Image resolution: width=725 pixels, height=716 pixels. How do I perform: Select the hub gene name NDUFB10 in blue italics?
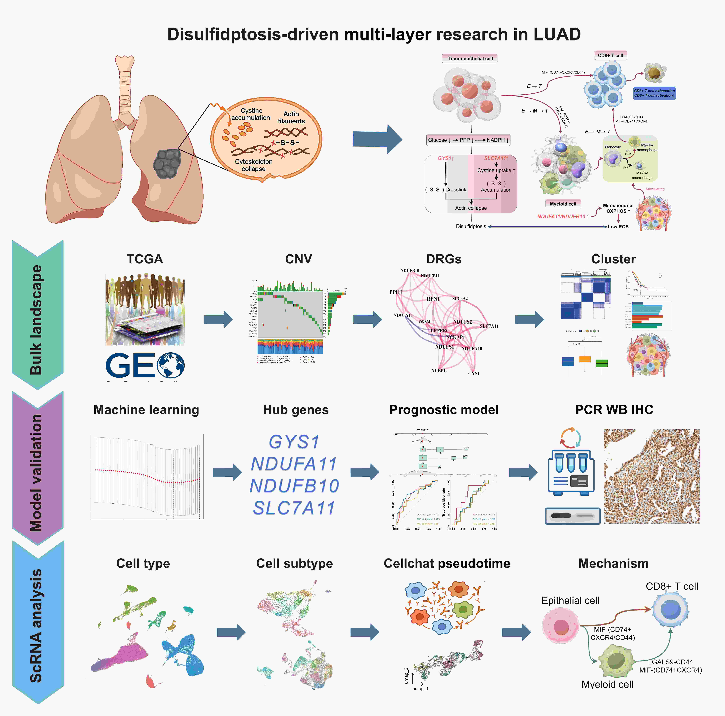pos(294,486)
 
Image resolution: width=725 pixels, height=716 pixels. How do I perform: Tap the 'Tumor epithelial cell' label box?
pos(470,59)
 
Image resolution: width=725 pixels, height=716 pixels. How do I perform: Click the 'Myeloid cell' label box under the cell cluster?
pos(563,204)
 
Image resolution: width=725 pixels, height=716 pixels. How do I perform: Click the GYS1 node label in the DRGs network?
pos(474,374)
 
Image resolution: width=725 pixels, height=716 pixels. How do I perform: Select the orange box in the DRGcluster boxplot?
pos(585,359)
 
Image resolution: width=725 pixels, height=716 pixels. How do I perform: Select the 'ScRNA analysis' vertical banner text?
pos(36,625)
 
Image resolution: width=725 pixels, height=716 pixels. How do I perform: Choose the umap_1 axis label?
pos(420,689)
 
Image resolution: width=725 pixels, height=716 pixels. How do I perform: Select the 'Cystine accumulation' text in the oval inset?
pos(251,114)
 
